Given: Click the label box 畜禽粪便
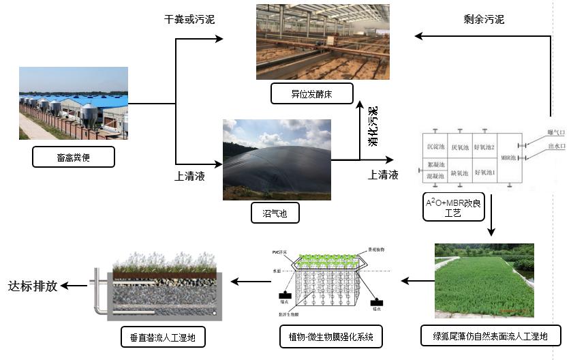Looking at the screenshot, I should pyautogui.click(x=73, y=157).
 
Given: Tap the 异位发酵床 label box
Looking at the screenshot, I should pyautogui.click(x=311, y=93).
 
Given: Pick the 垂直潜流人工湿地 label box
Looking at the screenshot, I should pyautogui.click(x=157, y=336).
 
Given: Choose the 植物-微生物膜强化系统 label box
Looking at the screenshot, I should pyautogui.click(x=330, y=336).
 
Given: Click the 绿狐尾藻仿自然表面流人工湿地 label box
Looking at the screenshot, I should pyautogui.click(x=491, y=335).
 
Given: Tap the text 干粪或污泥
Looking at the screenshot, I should pyautogui.click(x=189, y=19).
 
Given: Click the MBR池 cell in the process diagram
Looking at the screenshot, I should pyautogui.click(x=508, y=158).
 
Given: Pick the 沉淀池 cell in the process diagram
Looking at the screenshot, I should pyautogui.click(x=435, y=147).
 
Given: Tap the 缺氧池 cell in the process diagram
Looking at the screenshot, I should pyautogui.click(x=459, y=173).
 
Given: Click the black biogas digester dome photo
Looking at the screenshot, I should pyautogui.click(x=277, y=160).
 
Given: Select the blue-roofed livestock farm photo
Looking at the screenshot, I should pyautogui.click(x=73, y=103).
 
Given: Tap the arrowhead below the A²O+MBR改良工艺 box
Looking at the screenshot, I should pyautogui.click(x=491, y=232).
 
